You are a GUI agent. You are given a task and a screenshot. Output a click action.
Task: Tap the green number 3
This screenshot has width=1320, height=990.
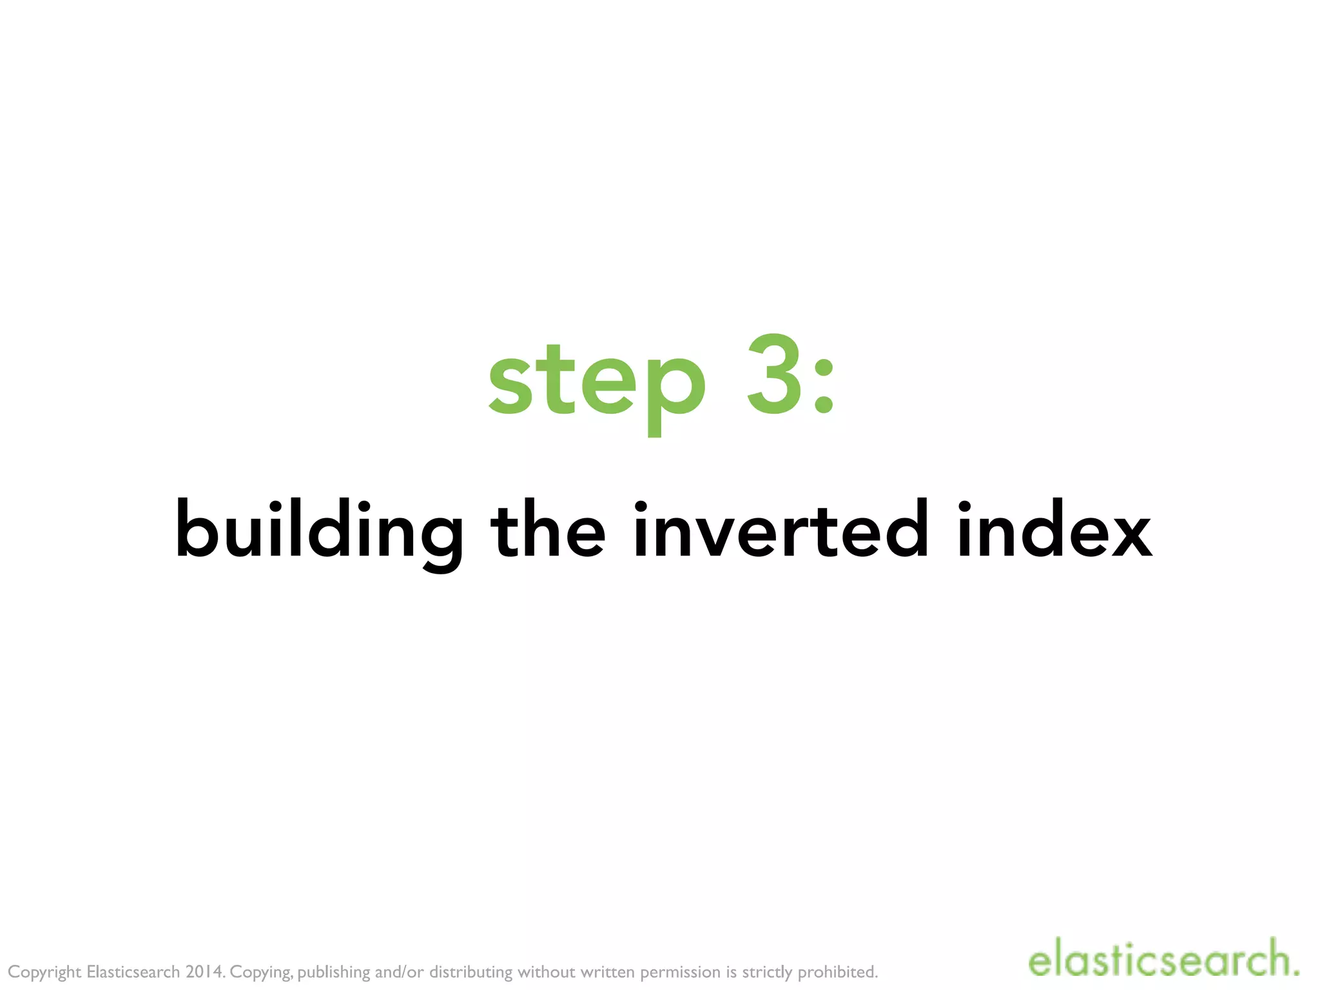click(775, 376)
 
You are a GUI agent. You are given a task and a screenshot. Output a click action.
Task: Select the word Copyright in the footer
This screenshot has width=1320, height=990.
click(44, 973)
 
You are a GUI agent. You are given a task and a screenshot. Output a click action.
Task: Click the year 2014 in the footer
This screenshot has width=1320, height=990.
click(205, 972)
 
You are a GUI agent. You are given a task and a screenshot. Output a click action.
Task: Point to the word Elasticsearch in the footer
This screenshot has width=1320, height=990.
click(133, 972)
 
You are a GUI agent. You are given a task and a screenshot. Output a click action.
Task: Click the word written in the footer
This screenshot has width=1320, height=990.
click(608, 972)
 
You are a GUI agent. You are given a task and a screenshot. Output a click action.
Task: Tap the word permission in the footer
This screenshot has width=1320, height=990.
click(680, 973)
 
